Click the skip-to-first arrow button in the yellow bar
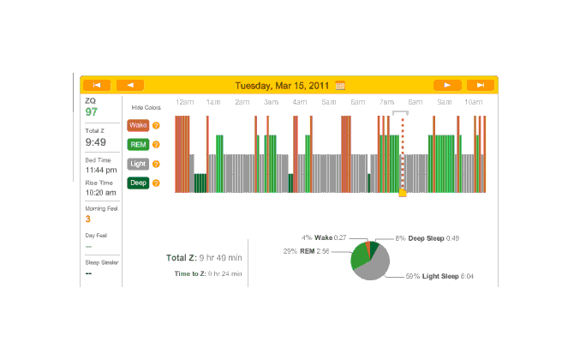tap(98, 85)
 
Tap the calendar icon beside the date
tap(340, 86)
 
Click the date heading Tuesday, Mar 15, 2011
tap(283, 86)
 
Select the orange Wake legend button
tap(138, 125)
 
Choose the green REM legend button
tap(138, 144)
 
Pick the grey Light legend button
tap(138, 163)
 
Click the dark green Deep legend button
tap(138, 183)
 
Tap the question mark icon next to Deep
tap(156, 183)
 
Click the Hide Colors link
tap(146, 108)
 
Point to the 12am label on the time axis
tap(183, 103)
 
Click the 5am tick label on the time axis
tap(328, 103)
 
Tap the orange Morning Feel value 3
tap(87, 219)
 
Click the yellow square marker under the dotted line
tap(402, 194)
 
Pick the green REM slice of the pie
tap(359, 255)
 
